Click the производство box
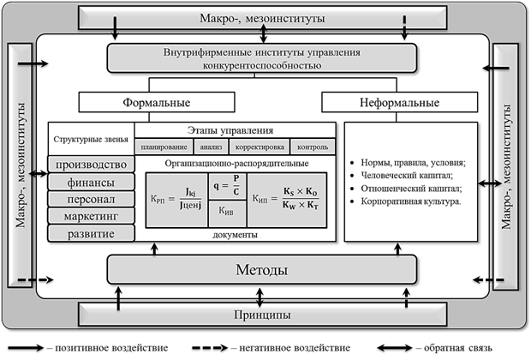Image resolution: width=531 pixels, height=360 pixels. coord(92,165)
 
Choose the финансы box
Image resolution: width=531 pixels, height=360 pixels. coord(92,182)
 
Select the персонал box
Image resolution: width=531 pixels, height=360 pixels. coord(92,198)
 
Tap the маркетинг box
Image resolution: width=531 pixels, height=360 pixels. coord(92,215)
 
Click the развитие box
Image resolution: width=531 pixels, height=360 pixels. coord(92,232)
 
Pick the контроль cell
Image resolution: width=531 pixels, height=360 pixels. coord(309,146)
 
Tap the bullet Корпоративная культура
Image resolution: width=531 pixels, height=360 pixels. coord(409,202)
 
